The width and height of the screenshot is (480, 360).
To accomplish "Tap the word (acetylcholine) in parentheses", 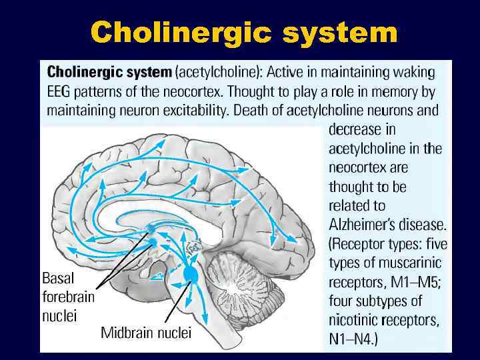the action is [x=218, y=71].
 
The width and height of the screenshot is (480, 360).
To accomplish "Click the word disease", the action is [x=425, y=224].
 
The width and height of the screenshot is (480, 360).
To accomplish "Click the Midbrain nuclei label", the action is [x=146, y=332].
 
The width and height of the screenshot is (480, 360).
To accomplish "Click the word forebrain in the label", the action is [x=68, y=296].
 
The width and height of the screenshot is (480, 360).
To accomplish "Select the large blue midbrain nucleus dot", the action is [x=191, y=273].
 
